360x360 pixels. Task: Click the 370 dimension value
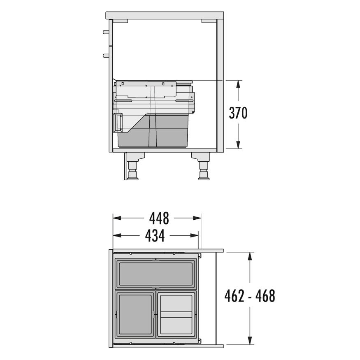point(238,113)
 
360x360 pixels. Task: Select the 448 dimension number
point(159,218)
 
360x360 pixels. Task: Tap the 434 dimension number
point(155,236)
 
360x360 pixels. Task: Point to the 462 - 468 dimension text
point(250,296)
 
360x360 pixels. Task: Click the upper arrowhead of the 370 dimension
point(238,84)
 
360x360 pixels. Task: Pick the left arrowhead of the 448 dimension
point(117,218)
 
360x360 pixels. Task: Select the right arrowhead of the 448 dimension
point(197,218)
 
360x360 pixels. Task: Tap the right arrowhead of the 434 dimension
point(194,236)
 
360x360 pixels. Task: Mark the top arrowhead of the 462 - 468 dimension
point(250,256)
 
